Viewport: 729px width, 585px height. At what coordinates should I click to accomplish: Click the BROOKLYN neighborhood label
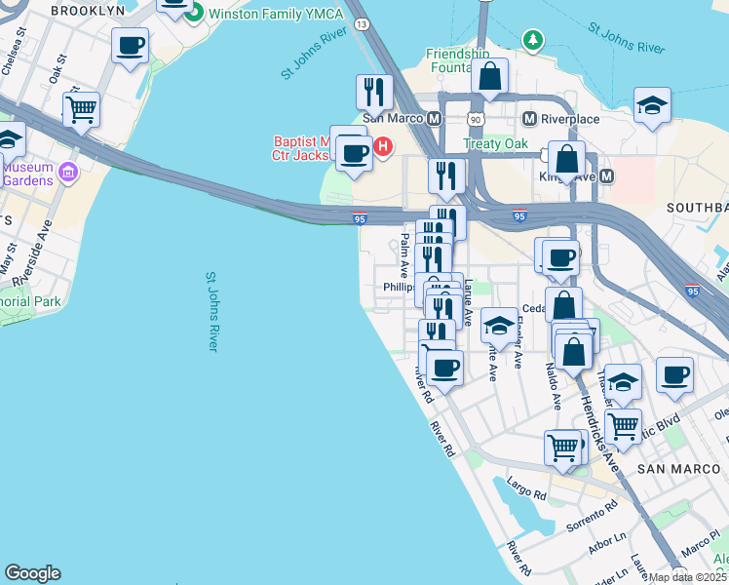coord(88,10)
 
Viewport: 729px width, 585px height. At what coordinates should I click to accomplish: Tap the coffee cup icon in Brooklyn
coord(130,45)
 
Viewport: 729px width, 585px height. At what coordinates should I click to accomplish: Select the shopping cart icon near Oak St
coord(81,108)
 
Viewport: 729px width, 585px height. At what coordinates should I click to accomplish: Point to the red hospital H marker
coord(383,147)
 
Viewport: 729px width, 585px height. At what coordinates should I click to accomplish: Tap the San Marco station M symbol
coord(435,118)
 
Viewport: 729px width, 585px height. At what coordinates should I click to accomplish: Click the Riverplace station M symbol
coord(530,118)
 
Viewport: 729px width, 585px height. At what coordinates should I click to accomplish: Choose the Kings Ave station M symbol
coord(606,176)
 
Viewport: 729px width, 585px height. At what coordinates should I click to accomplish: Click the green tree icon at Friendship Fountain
coord(532,40)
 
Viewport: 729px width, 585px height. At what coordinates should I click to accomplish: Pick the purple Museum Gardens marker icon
coord(67,174)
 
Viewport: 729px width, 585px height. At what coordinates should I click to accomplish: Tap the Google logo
coord(32,573)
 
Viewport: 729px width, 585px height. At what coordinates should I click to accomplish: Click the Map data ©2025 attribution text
coord(688,577)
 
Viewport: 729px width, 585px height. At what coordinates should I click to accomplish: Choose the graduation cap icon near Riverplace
coord(652,106)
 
